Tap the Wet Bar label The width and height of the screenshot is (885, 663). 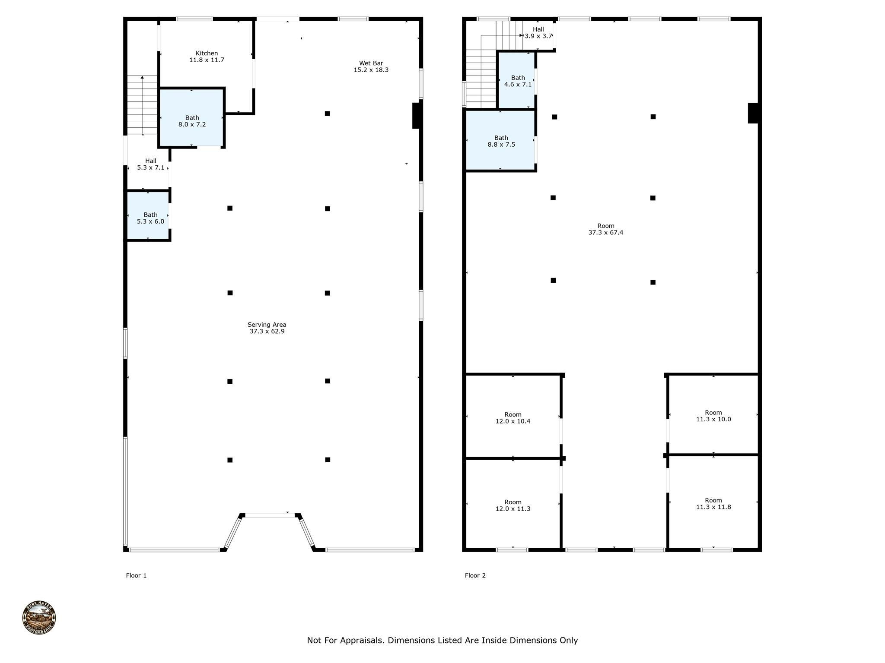click(371, 63)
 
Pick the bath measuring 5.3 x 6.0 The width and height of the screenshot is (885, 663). click(148, 215)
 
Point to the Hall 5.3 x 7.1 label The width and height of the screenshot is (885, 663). click(151, 164)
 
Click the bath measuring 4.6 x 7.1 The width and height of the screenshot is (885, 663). click(517, 80)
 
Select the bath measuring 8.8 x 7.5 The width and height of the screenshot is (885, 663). click(500, 141)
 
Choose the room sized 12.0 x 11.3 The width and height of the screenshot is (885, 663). click(513, 504)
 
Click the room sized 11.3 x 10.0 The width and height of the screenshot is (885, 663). click(713, 414)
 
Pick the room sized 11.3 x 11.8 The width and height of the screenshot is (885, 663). click(713, 503)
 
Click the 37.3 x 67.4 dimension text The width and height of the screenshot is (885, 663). click(606, 232)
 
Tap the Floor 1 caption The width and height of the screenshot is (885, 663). click(136, 575)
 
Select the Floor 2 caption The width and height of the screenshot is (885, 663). click(475, 575)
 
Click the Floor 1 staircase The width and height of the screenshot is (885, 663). click(142, 105)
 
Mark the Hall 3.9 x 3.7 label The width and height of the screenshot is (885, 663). click(538, 33)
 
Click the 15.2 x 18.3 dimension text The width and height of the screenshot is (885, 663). click(371, 70)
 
